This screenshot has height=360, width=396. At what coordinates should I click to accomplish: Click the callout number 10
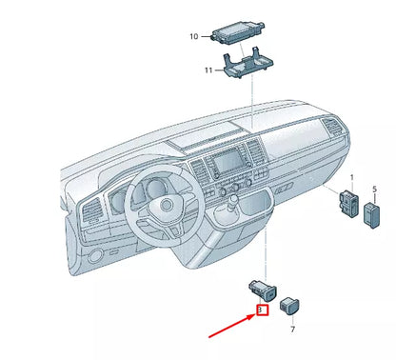tap(193, 37)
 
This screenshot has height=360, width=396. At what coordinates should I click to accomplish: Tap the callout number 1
tap(350, 178)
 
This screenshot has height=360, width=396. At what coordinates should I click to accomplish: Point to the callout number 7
tap(292, 329)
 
